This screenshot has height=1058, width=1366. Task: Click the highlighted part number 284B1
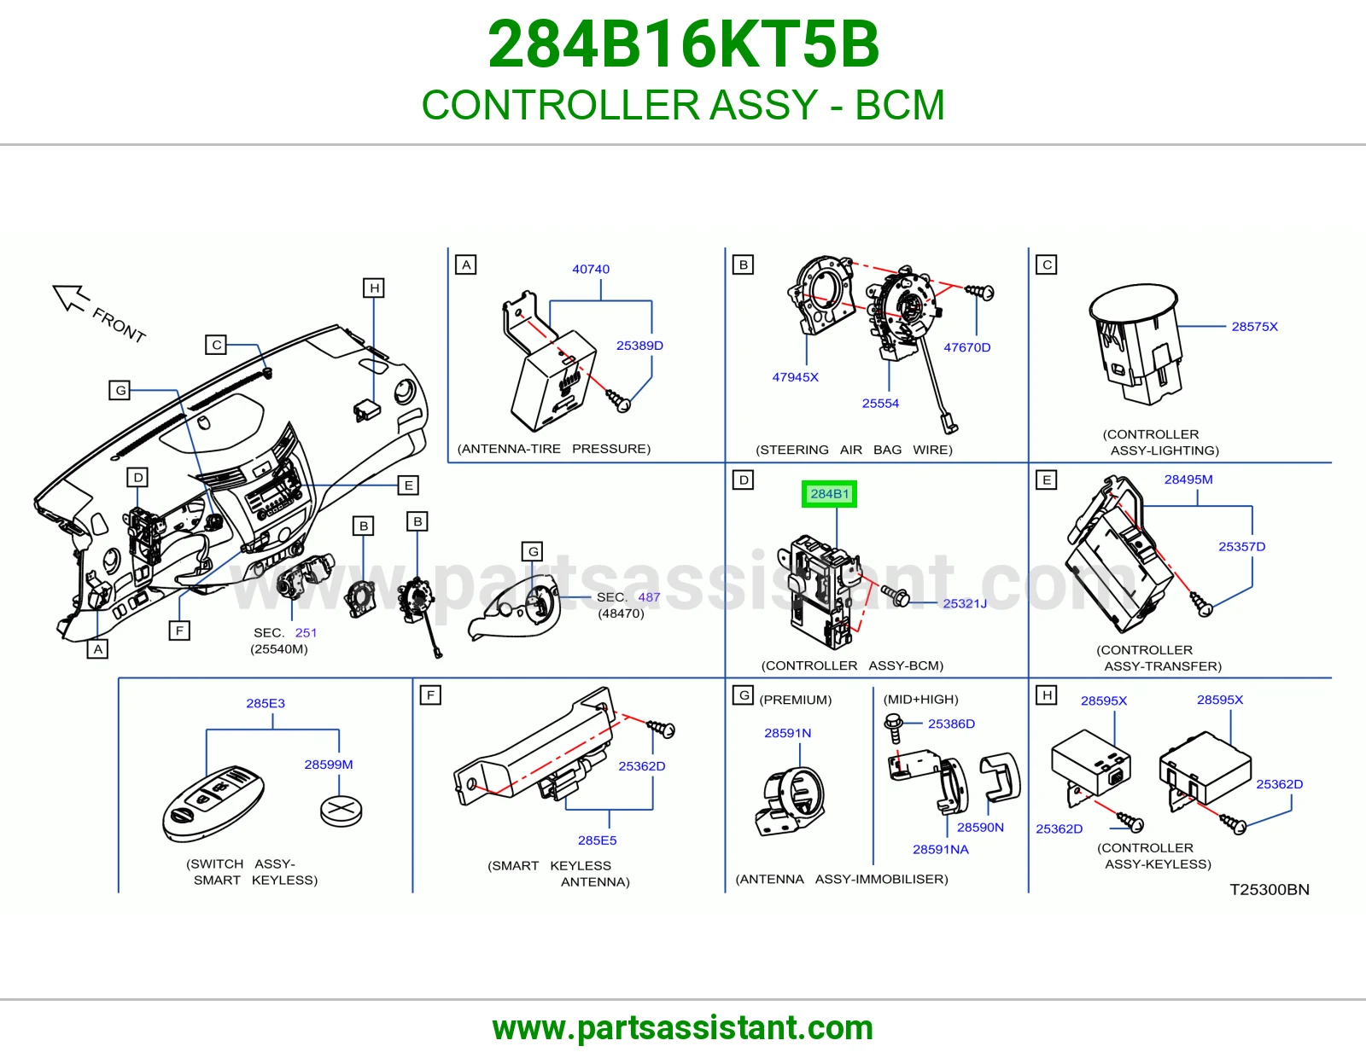click(829, 494)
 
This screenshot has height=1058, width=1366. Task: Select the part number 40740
click(591, 269)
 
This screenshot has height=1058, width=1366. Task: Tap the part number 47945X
click(795, 377)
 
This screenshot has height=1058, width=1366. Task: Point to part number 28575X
click(1255, 327)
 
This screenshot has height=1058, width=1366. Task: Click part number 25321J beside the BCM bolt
click(965, 603)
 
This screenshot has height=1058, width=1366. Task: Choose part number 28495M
click(1188, 480)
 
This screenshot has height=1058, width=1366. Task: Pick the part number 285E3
click(266, 703)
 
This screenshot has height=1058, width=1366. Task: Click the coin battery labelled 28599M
click(341, 811)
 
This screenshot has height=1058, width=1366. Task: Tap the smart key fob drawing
click(213, 804)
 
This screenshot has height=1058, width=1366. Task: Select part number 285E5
click(597, 840)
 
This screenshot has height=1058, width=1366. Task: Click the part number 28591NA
click(941, 850)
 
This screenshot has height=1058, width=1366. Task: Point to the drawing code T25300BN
click(1270, 890)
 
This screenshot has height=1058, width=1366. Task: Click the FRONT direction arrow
click(70, 298)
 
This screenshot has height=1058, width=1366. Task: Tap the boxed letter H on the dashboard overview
click(374, 288)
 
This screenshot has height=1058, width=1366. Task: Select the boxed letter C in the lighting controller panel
click(1047, 264)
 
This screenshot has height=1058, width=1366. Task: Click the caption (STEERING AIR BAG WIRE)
click(854, 450)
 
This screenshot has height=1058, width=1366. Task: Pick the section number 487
click(650, 597)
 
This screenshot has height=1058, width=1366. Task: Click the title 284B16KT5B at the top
click(683, 44)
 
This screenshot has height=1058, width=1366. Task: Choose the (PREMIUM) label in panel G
click(795, 700)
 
